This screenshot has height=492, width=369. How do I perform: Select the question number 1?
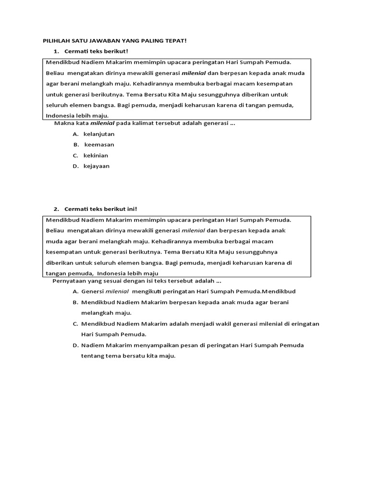pos(56,51)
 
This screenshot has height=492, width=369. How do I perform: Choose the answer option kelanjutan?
pos(99,134)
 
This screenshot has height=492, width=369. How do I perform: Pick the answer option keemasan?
pos(99,145)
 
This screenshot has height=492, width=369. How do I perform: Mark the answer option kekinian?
pos(96,156)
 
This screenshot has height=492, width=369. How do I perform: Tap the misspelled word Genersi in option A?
pos(92,292)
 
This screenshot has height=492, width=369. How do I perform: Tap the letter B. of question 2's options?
pos(75,302)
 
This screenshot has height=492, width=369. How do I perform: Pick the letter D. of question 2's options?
pos(75,345)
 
